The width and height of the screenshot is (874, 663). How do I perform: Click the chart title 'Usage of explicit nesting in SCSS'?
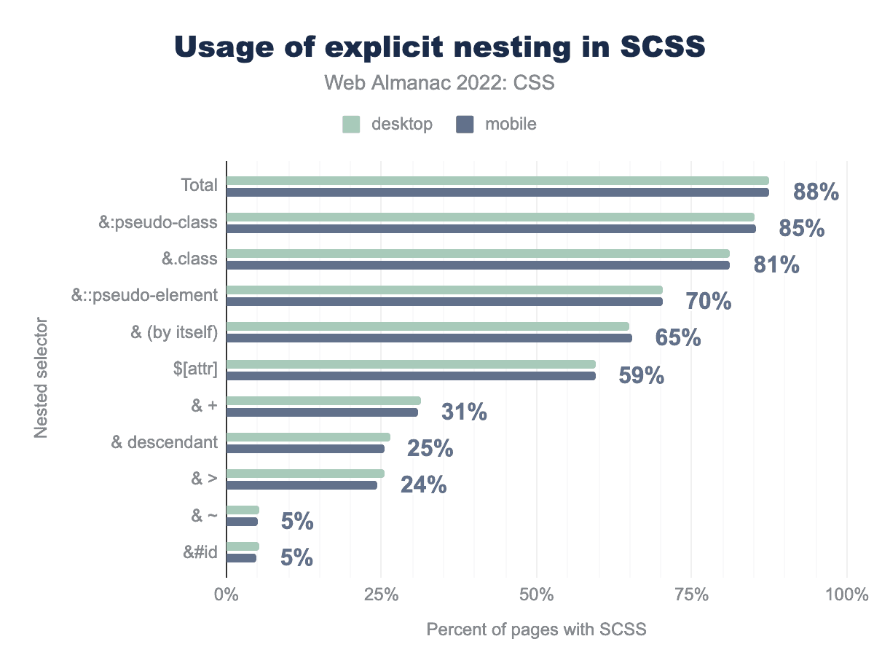440,47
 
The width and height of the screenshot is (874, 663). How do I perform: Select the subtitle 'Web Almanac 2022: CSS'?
440,83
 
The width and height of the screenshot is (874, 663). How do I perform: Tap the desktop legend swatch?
351,125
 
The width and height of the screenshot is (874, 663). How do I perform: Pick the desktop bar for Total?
497,181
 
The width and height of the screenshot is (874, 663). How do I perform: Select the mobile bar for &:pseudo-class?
491,229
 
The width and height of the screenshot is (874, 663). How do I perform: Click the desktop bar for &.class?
478,254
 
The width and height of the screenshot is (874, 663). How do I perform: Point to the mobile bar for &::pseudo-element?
444,302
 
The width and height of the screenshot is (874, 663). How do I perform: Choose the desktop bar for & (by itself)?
428,326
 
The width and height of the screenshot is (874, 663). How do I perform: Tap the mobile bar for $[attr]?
411,376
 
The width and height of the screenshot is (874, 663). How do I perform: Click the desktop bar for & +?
323,401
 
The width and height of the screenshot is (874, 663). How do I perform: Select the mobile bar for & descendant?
305,449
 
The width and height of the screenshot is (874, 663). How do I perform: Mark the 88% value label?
816,192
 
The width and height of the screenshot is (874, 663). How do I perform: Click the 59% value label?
641,375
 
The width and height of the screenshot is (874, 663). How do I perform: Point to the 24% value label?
423,484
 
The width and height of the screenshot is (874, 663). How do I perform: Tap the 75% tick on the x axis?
691,595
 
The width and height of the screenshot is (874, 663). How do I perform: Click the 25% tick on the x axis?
381,595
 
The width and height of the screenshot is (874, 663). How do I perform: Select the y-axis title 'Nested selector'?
42,377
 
